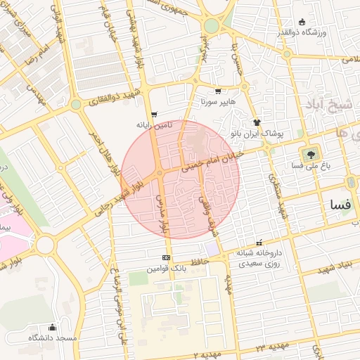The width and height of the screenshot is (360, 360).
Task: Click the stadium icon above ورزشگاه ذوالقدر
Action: (302, 22)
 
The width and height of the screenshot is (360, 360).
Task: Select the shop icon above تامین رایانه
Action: (154, 114)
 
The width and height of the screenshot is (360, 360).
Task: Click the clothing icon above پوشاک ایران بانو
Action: (257, 122)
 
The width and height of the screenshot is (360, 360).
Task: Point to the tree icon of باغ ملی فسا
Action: (309, 154)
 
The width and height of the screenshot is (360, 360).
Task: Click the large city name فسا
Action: (340, 205)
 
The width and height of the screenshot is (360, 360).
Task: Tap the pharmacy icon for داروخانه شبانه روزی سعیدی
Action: (259, 242)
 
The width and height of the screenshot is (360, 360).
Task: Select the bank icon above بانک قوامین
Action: (166, 258)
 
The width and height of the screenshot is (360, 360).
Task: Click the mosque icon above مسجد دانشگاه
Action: (52, 327)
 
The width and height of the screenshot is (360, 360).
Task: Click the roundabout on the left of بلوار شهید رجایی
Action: (45, 245)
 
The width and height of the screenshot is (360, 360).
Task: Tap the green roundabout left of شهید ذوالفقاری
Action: (75, 105)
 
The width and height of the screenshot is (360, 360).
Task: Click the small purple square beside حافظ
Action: (212, 250)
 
